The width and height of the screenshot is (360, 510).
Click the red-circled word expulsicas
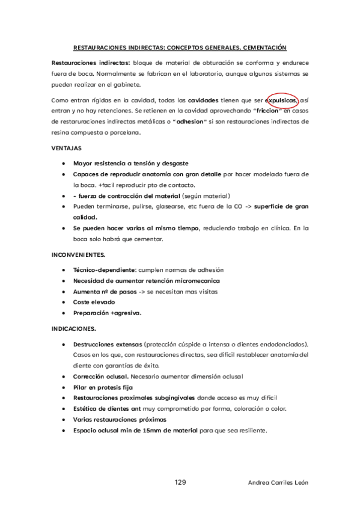coord(282,100)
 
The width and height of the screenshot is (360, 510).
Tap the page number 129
coord(180,482)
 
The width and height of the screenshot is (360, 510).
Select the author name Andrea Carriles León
coord(278,483)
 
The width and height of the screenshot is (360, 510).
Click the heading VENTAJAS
coord(67,147)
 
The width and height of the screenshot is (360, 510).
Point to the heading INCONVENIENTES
coord(78,255)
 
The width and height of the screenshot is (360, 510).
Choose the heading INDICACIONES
coord(74,329)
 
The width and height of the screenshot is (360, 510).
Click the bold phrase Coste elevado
coord(94,302)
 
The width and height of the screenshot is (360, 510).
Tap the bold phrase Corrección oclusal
coord(100,376)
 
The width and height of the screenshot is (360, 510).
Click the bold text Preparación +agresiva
coord(107,313)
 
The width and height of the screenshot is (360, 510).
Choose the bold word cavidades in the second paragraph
coord(203,100)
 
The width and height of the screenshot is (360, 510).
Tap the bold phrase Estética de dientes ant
coord(109,408)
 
